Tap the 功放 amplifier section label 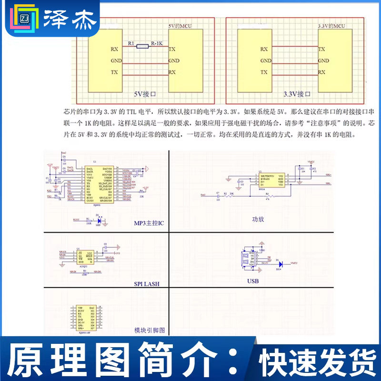[x=258, y=220]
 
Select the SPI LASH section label [x=147, y=284]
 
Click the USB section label [x=253, y=281]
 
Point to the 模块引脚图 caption [x=150, y=331]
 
